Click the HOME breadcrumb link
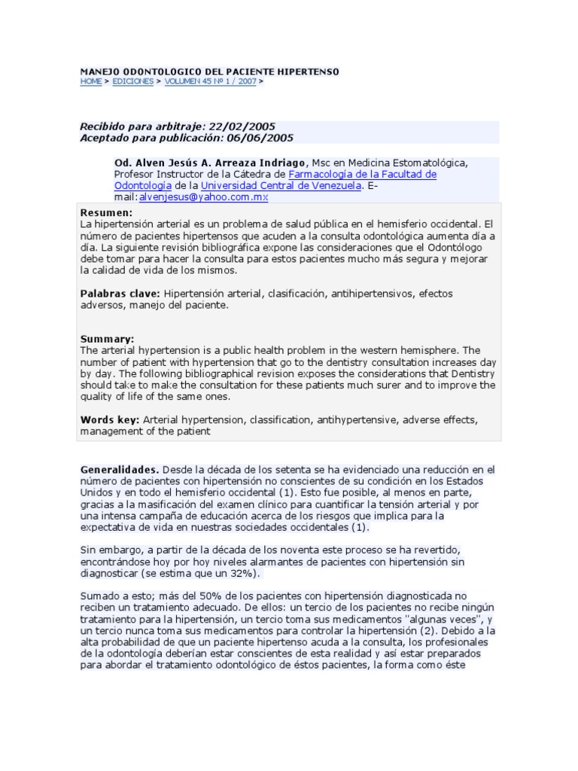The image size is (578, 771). (x=90, y=81)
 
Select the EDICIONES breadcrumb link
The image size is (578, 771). (x=132, y=81)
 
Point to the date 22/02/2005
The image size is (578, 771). (x=238, y=127)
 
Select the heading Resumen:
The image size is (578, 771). (x=106, y=213)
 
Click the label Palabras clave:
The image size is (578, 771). (x=120, y=293)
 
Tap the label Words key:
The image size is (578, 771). (x=109, y=419)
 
